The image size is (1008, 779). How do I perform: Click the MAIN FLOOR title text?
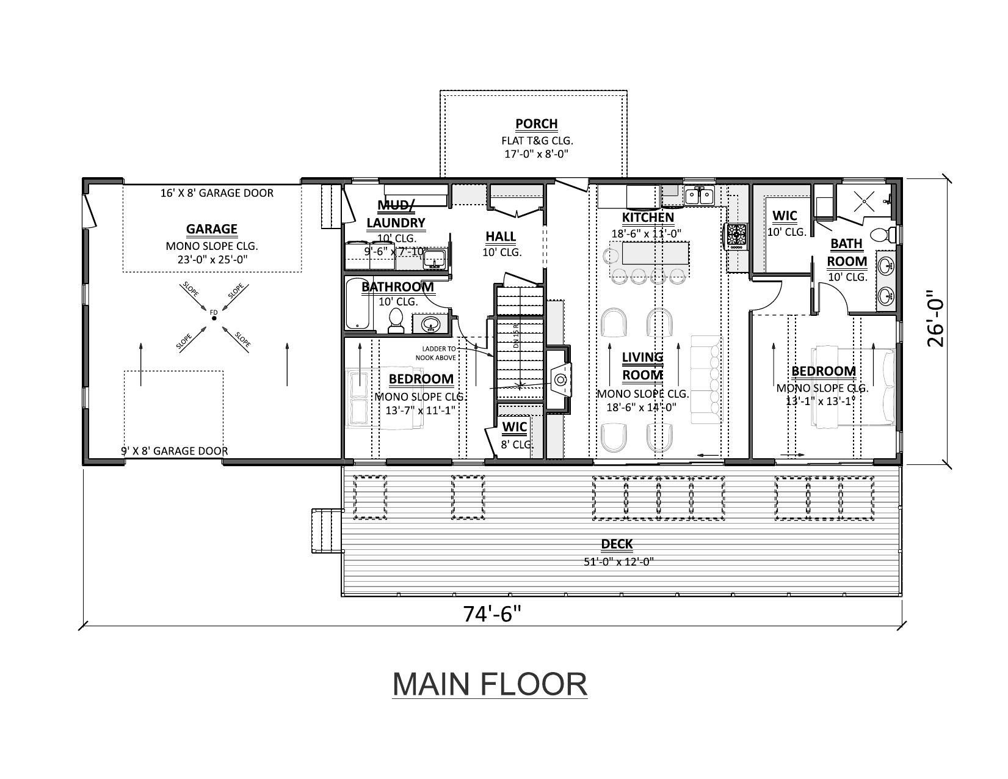point(489,684)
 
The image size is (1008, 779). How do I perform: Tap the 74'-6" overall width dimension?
point(492,613)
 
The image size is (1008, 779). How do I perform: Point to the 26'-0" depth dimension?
point(935,321)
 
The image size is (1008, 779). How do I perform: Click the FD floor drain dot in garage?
point(214,318)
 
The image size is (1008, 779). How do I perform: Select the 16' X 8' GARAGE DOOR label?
point(217,193)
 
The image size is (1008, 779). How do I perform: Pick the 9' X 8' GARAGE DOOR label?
point(175,451)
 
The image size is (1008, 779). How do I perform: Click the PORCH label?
point(536,124)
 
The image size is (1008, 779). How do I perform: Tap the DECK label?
point(617,544)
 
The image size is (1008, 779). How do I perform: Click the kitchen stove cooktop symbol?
point(736,235)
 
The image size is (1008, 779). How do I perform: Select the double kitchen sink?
point(699,196)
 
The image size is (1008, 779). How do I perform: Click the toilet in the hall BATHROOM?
point(396,321)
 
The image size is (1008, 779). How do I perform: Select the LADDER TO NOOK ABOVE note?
point(435,353)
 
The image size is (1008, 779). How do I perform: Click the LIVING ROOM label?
point(642,365)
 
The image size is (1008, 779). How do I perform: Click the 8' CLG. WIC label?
point(514,434)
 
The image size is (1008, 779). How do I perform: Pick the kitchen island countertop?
point(650,252)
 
